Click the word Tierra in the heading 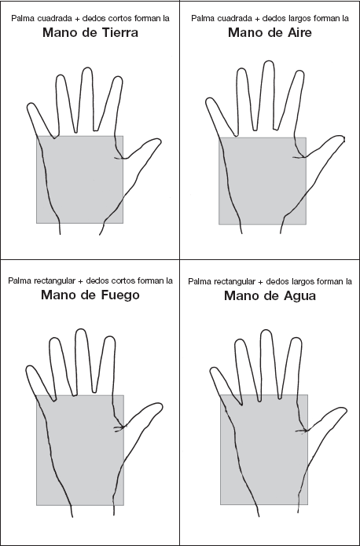[x=116, y=32]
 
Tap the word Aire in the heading [x=295, y=32]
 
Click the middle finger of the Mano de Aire [x=267, y=95]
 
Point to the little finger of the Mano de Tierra [x=40, y=119]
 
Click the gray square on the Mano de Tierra [x=80, y=179]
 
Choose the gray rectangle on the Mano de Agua [x=264, y=449]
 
